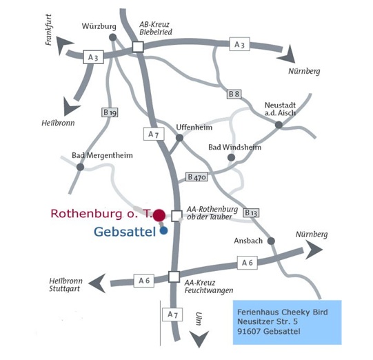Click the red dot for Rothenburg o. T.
pos(159,215)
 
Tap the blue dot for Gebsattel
pos(163,230)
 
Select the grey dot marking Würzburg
pos(113,37)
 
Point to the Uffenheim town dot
pos(179,138)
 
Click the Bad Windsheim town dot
pos(231,157)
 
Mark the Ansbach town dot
pos(271,241)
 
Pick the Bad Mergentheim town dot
pos(81,167)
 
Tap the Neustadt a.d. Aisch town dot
pos(279,125)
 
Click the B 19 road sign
pos(110,112)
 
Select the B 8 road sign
pos(234,94)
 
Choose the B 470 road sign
pos(196,177)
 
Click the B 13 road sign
pos(251,212)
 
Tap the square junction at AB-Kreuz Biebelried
pos(138,47)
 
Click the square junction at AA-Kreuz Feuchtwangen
pos(174,277)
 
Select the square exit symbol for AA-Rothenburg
pos(177,216)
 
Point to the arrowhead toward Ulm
pos(199,339)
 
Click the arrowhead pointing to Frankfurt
pos(63,45)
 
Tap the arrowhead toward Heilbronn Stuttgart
pos(97,283)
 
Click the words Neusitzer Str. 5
pos(268,321)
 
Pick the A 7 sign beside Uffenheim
pos(154,134)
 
